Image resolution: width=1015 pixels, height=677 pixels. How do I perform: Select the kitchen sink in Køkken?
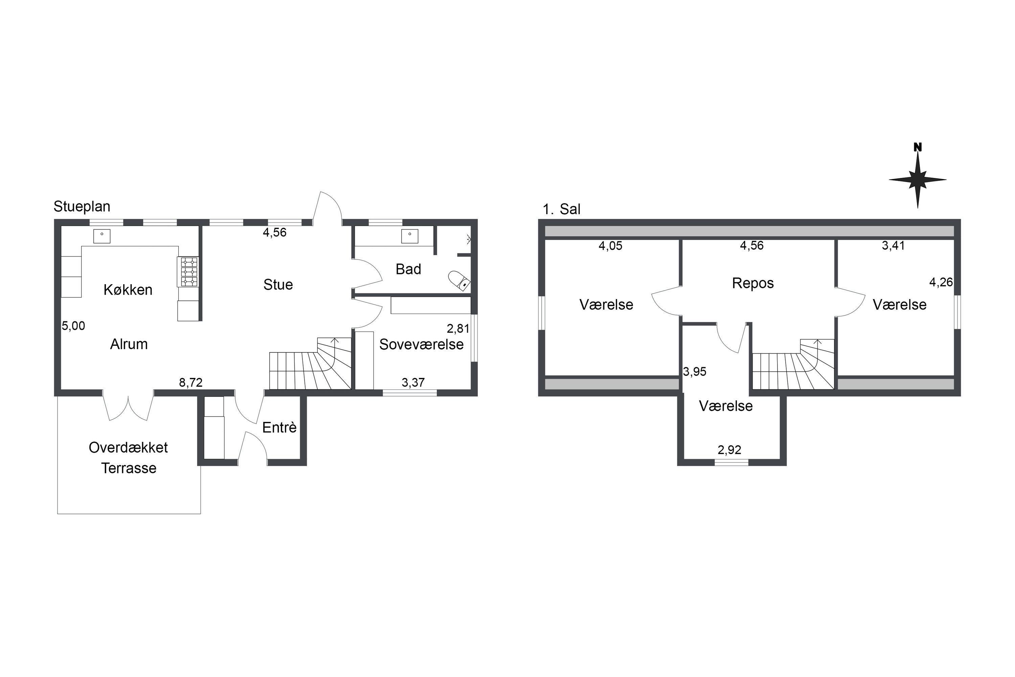(102, 236)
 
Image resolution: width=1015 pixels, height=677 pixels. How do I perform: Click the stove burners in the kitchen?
(189, 272)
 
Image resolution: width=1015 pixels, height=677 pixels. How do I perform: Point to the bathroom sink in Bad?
(410, 236)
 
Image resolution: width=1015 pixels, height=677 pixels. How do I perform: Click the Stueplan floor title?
(82, 206)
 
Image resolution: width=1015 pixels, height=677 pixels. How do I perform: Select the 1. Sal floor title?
(562, 209)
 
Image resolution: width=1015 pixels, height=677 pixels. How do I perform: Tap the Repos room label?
(753, 283)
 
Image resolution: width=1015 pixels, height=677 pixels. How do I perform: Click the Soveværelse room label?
(421, 344)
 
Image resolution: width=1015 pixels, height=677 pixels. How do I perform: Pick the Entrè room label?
(279, 427)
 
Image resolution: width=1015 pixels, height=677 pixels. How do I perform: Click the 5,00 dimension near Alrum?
(73, 326)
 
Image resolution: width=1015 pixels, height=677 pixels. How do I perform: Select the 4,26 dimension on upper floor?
(941, 283)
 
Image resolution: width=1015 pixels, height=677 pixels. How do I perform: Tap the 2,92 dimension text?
(730, 450)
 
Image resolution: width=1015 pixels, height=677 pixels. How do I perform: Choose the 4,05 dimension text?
(610, 246)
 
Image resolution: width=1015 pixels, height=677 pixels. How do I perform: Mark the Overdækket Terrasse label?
(129, 458)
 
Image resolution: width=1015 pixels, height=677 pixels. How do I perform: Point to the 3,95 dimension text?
(695, 372)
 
